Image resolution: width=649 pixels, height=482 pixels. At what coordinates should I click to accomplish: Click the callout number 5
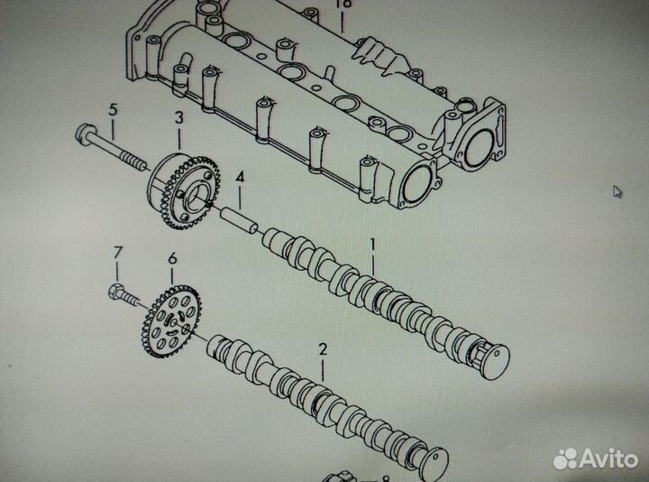pyautogui.click(x=113, y=110)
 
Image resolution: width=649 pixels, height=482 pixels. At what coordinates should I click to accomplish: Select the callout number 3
pyautogui.click(x=178, y=118)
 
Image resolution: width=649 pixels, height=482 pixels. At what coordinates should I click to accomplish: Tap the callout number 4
pyautogui.click(x=240, y=178)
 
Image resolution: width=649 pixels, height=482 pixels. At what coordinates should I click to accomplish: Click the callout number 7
pyautogui.click(x=115, y=250)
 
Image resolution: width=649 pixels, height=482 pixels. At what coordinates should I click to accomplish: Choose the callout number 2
pyautogui.click(x=323, y=348)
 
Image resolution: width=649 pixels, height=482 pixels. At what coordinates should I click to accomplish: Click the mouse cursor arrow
pyautogui.click(x=617, y=191)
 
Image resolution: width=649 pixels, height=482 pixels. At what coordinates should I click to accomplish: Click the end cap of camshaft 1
pyautogui.click(x=492, y=360)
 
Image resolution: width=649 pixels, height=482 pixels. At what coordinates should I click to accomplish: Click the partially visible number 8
pyautogui.click(x=385, y=479)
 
